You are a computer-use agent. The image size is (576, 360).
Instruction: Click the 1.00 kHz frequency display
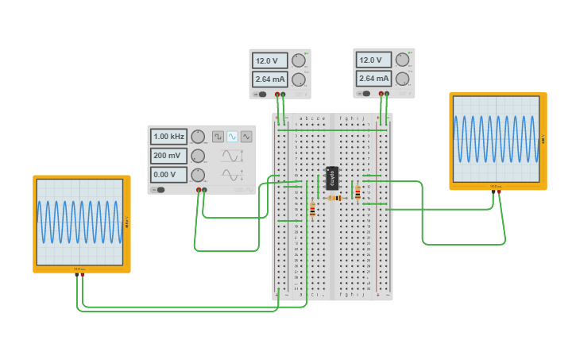pos(168,137)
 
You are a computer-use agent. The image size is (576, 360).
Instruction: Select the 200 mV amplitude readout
pos(168,156)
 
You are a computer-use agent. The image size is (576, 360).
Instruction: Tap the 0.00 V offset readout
pos(168,175)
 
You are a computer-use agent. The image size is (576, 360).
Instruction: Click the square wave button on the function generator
pos(218,137)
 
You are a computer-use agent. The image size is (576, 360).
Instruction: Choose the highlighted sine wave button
pos(232,137)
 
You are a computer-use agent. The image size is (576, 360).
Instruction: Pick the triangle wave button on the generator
pos(246,137)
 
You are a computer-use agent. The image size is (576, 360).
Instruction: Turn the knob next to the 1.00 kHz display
pos(198,137)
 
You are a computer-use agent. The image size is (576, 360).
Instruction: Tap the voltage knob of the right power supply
pos(402,60)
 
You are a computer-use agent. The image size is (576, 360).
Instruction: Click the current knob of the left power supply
pos(298,79)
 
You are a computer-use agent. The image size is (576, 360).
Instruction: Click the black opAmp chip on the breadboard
pos(332,177)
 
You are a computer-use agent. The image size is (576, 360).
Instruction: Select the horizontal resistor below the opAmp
pos(334,198)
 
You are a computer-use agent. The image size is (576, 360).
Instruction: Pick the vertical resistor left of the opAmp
pos(312,210)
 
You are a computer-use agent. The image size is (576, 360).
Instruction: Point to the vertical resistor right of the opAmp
pos(358,192)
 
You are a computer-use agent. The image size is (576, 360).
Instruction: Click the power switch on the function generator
pos(160,190)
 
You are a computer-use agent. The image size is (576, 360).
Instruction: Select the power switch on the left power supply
pos(261,95)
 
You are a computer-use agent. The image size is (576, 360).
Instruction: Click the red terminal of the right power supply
pos(381,95)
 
